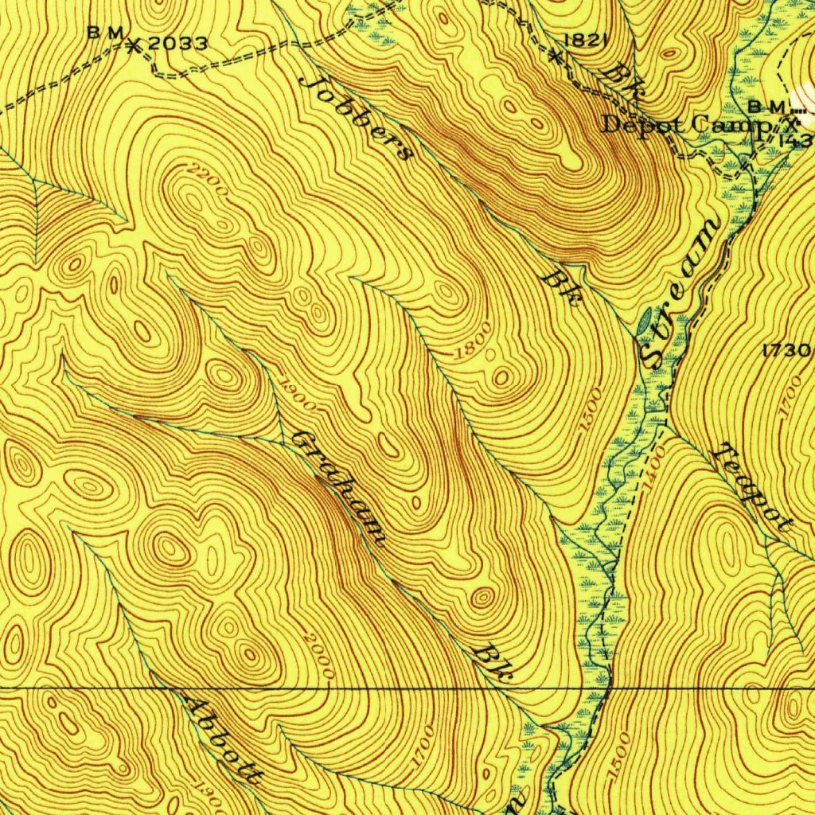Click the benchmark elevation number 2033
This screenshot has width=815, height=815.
[x=177, y=44]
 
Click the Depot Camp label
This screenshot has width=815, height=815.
[x=683, y=125]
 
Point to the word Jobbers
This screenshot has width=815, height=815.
[x=357, y=117]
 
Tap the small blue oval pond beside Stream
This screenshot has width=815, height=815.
[x=645, y=322]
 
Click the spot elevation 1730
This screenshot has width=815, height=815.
[x=786, y=349]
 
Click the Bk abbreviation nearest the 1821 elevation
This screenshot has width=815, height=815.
[x=620, y=82]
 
